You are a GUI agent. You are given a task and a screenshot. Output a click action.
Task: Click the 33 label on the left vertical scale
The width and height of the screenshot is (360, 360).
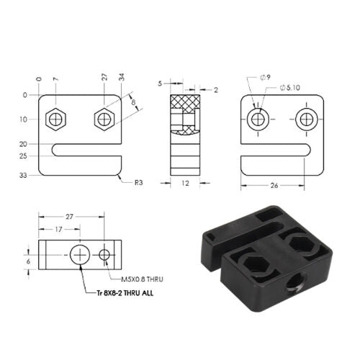[24, 175]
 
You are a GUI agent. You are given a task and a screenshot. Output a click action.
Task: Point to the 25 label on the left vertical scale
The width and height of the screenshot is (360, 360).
[24, 156]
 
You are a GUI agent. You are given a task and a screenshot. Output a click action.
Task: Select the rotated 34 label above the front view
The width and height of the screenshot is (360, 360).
[122, 77]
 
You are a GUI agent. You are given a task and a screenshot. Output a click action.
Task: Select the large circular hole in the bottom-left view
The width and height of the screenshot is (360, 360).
[79, 253]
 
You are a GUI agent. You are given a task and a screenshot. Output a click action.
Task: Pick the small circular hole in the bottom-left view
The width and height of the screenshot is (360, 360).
[105, 254]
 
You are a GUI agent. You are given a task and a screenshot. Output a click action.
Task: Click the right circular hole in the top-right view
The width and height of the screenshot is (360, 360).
[307, 119]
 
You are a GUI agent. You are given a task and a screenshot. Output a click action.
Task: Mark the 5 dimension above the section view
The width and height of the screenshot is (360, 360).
[160, 83]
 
